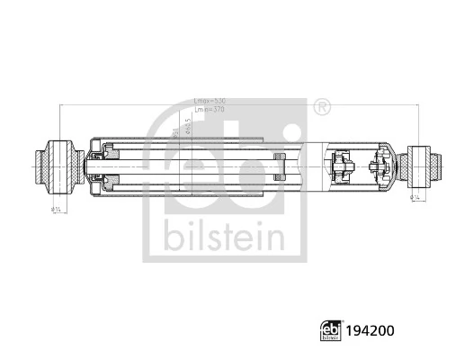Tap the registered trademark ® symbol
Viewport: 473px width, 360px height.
click(x=321, y=108)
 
